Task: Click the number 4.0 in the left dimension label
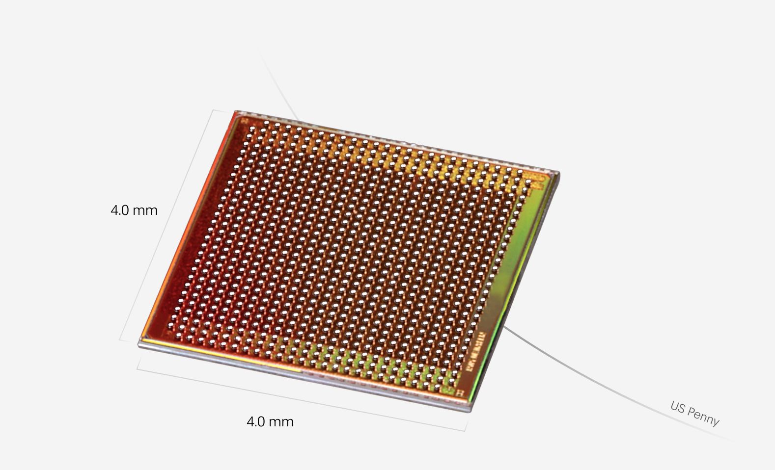[120, 210]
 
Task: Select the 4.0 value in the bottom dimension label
[256, 422]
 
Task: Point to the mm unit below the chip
[281, 422]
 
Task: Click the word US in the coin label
[678, 407]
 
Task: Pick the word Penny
[703, 416]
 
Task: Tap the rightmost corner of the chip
[558, 173]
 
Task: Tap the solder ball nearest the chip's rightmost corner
[528, 183]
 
